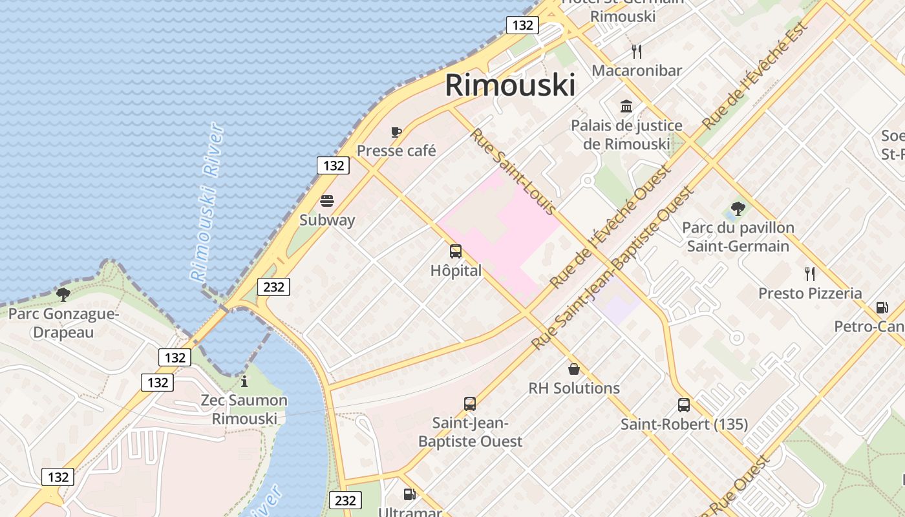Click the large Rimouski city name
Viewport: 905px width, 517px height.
click(510, 85)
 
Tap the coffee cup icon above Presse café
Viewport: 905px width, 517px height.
click(396, 132)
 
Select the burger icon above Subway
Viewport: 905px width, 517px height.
click(327, 201)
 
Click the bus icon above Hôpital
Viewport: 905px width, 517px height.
click(456, 251)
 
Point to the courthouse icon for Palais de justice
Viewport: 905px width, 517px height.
click(626, 106)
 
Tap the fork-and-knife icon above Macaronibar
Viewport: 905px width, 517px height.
click(637, 52)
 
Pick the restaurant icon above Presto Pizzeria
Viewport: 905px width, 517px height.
click(809, 274)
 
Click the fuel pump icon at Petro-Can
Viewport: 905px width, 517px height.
click(882, 308)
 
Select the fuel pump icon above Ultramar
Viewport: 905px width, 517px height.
click(409, 494)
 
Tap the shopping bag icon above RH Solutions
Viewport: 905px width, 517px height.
click(573, 369)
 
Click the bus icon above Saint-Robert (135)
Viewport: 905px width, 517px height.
click(684, 405)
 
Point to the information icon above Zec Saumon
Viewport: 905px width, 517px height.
click(244, 381)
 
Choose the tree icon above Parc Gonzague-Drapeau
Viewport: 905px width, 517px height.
click(63, 295)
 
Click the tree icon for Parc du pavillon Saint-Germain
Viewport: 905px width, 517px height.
click(738, 209)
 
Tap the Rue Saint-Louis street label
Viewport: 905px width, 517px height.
click(513, 172)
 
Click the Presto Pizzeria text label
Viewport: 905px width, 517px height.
click(810, 293)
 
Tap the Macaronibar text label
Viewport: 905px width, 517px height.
click(637, 70)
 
